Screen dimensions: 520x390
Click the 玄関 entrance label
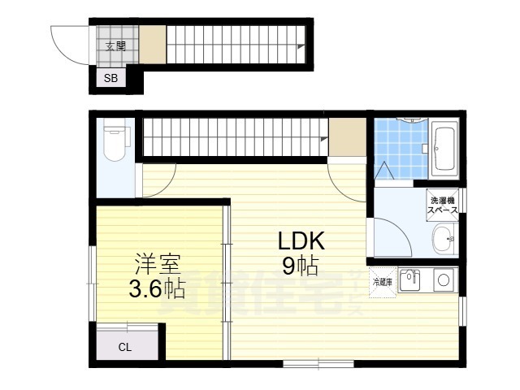(115, 46)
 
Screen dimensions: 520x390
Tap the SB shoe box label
(110, 78)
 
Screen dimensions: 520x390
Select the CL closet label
(125, 347)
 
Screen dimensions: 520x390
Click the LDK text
(301, 241)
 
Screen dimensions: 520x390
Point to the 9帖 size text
(301, 266)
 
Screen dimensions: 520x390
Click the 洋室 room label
(157, 264)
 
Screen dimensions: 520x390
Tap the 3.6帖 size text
(157, 288)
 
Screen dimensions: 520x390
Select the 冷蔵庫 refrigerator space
(383, 283)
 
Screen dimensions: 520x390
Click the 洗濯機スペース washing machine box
(443, 205)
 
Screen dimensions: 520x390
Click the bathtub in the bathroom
(444, 149)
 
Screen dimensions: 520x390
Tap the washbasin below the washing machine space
(445, 238)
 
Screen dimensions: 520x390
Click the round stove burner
(444, 280)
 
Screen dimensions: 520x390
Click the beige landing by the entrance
(153, 45)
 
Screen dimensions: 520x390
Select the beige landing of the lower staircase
(348, 136)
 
